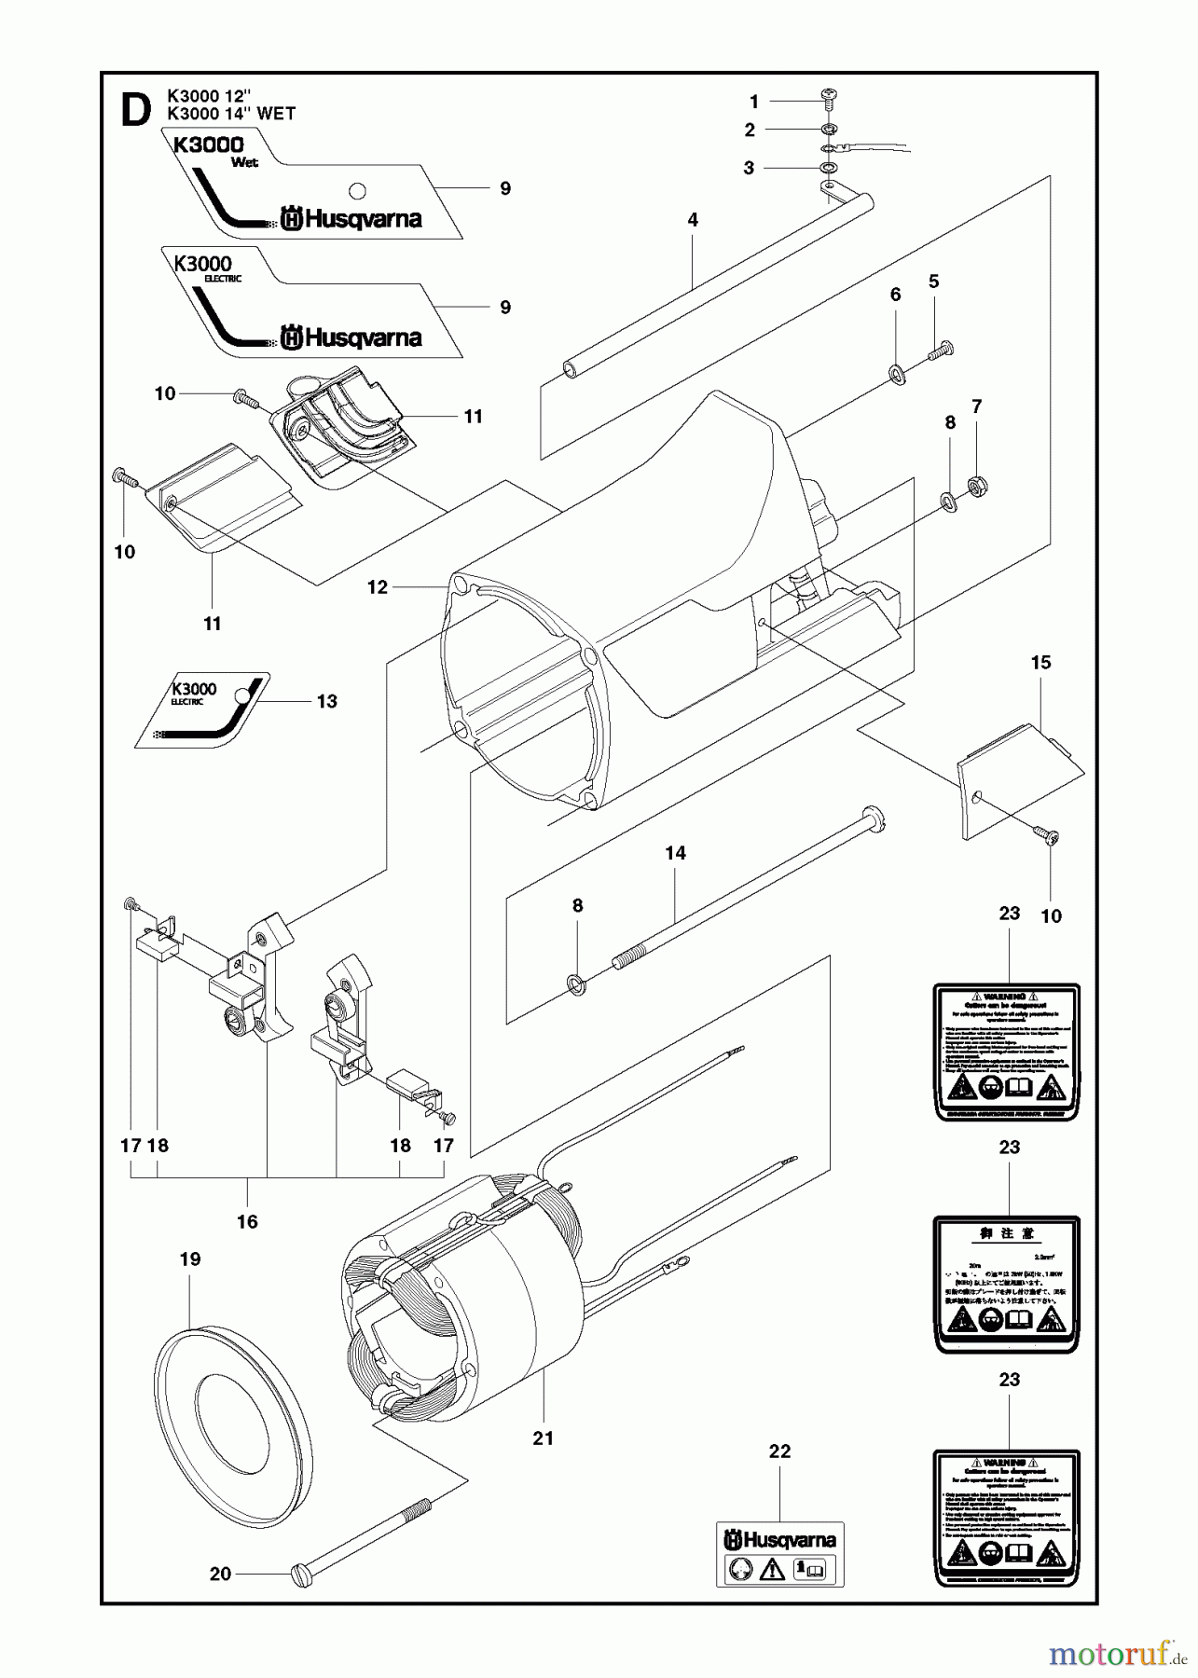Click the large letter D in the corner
[136, 111]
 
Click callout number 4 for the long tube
[692, 220]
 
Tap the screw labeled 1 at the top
[828, 97]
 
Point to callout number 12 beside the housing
[377, 587]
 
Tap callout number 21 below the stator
[543, 1438]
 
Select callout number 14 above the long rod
[675, 852]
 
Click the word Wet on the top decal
[246, 161]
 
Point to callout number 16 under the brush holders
[247, 1221]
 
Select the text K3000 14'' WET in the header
[230, 114]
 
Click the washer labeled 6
[897, 375]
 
